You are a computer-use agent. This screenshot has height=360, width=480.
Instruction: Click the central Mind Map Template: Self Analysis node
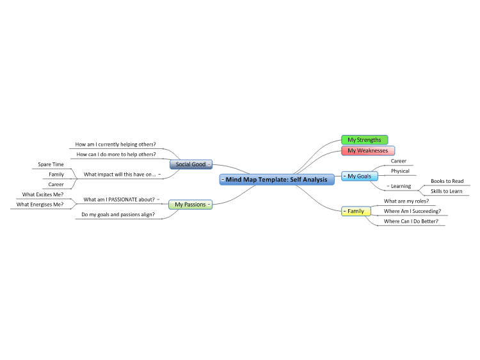tap(276, 180)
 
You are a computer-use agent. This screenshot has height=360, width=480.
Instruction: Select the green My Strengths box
tap(365, 140)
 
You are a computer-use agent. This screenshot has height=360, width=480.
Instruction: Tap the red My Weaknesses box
tap(368, 150)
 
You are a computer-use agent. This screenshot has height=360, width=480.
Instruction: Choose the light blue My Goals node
tap(360, 176)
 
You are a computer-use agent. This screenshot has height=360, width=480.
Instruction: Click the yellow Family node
tap(356, 211)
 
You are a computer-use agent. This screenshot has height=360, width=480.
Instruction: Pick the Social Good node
tap(191, 164)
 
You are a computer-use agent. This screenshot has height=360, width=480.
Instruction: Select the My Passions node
tap(191, 205)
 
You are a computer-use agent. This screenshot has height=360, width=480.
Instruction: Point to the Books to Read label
tap(447, 181)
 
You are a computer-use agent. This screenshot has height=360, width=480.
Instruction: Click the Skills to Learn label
tap(446, 191)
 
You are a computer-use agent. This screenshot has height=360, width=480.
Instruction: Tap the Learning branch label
tap(401, 186)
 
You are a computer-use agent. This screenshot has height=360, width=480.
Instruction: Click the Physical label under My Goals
tap(400, 171)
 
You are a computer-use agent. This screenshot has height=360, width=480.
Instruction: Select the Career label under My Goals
tap(398, 161)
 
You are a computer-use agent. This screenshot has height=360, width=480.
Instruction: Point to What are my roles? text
tap(406, 201)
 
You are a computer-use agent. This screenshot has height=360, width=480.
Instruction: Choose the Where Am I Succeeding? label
tap(412, 211)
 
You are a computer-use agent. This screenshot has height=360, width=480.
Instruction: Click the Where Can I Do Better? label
tap(411, 221)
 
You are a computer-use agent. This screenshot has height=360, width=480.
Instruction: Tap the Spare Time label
tap(51, 164)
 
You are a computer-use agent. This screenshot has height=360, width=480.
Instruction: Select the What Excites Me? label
tap(42, 194)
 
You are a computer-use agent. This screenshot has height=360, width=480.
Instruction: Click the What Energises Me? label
tap(40, 205)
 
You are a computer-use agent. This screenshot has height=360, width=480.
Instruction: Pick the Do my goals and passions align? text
tap(118, 214)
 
